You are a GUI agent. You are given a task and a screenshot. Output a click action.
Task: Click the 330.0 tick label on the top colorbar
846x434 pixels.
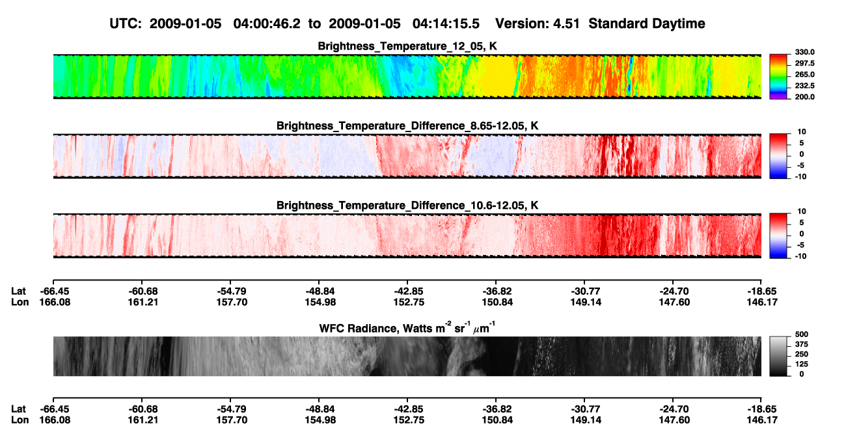click(x=804, y=52)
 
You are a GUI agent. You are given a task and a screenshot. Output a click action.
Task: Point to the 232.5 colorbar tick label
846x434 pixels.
click(x=804, y=86)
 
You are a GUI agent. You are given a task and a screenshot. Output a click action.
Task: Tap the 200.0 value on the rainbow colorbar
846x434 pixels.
click(x=804, y=97)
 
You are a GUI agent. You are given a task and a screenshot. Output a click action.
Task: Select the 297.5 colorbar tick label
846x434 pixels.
click(x=804, y=63)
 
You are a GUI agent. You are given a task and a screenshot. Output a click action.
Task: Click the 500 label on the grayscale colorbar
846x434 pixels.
click(x=802, y=334)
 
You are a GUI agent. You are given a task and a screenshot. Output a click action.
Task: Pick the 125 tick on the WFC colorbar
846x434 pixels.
click(x=802, y=364)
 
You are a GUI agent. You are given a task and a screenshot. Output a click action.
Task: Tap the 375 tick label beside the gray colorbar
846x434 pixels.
click(x=802, y=344)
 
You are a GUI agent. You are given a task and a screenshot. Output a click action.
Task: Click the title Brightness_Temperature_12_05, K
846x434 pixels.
click(x=407, y=46)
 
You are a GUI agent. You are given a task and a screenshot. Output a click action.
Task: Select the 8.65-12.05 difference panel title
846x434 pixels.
click(x=407, y=126)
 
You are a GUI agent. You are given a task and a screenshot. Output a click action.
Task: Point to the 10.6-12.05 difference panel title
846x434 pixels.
click(x=407, y=206)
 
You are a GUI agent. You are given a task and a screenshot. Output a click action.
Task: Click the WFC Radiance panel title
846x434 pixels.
click(x=407, y=328)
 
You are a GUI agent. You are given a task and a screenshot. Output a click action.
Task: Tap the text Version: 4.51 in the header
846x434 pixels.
click(x=537, y=23)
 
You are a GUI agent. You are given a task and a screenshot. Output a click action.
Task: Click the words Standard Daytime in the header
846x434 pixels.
click(x=647, y=23)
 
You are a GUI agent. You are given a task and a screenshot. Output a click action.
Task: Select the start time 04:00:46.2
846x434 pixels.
click(x=267, y=23)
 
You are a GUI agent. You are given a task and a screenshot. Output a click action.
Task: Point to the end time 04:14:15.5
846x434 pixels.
click(x=446, y=23)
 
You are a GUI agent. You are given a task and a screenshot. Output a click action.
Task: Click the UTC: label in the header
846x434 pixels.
click(x=126, y=23)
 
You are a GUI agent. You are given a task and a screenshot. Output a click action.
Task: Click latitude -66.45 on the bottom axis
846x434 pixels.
click(x=55, y=409)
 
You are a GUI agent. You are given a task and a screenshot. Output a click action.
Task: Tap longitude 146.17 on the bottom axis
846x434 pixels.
click(x=762, y=420)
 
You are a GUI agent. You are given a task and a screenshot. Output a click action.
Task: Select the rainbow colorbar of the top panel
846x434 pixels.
click(x=778, y=77)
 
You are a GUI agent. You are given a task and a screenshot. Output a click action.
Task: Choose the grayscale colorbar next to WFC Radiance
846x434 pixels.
click(x=778, y=356)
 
